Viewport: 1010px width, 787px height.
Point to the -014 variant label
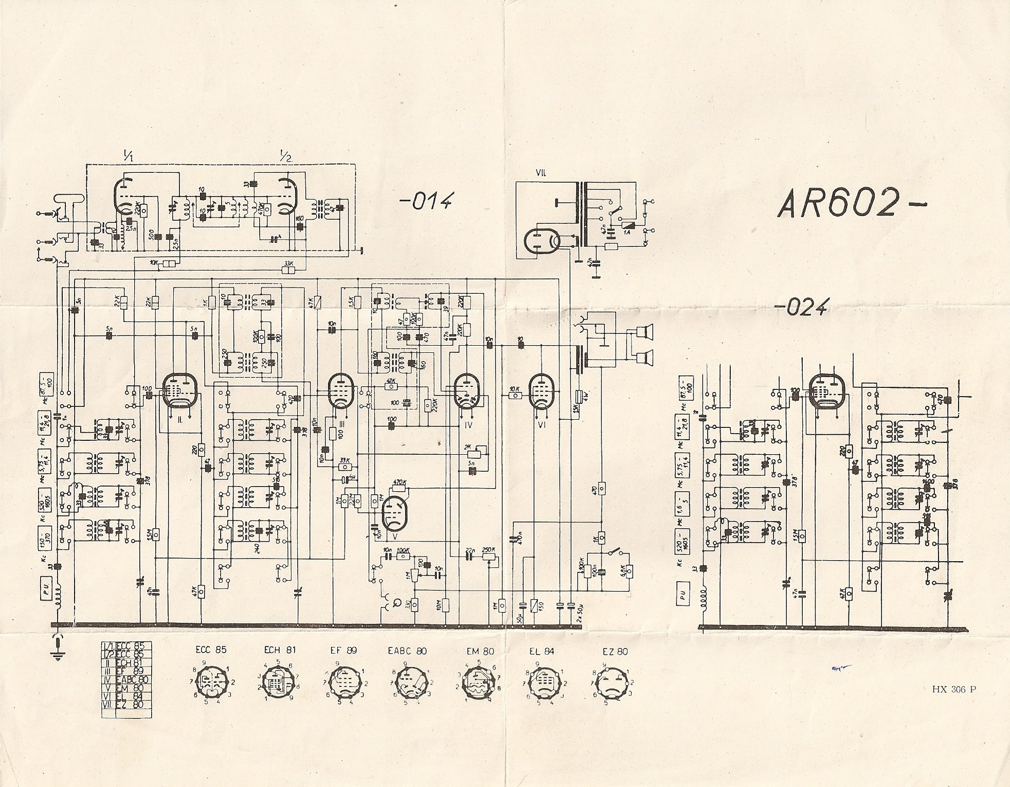point(426,201)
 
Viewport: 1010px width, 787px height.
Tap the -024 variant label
point(801,307)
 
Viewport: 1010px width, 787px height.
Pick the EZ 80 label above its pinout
point(615,651)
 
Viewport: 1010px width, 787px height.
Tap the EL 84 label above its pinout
point(542,651)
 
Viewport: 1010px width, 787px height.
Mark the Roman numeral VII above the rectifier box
point(540,173)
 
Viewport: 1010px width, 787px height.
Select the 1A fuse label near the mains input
point(627,233)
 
